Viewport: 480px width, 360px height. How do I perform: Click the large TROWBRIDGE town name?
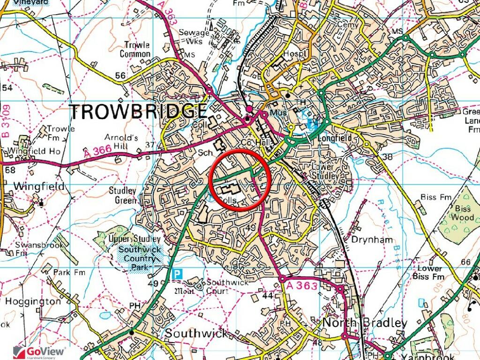[138, 112]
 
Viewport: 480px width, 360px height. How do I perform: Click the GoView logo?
[40, 352]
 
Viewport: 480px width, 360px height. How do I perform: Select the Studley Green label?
[123, 196]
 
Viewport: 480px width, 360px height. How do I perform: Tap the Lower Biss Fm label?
[430, 272]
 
